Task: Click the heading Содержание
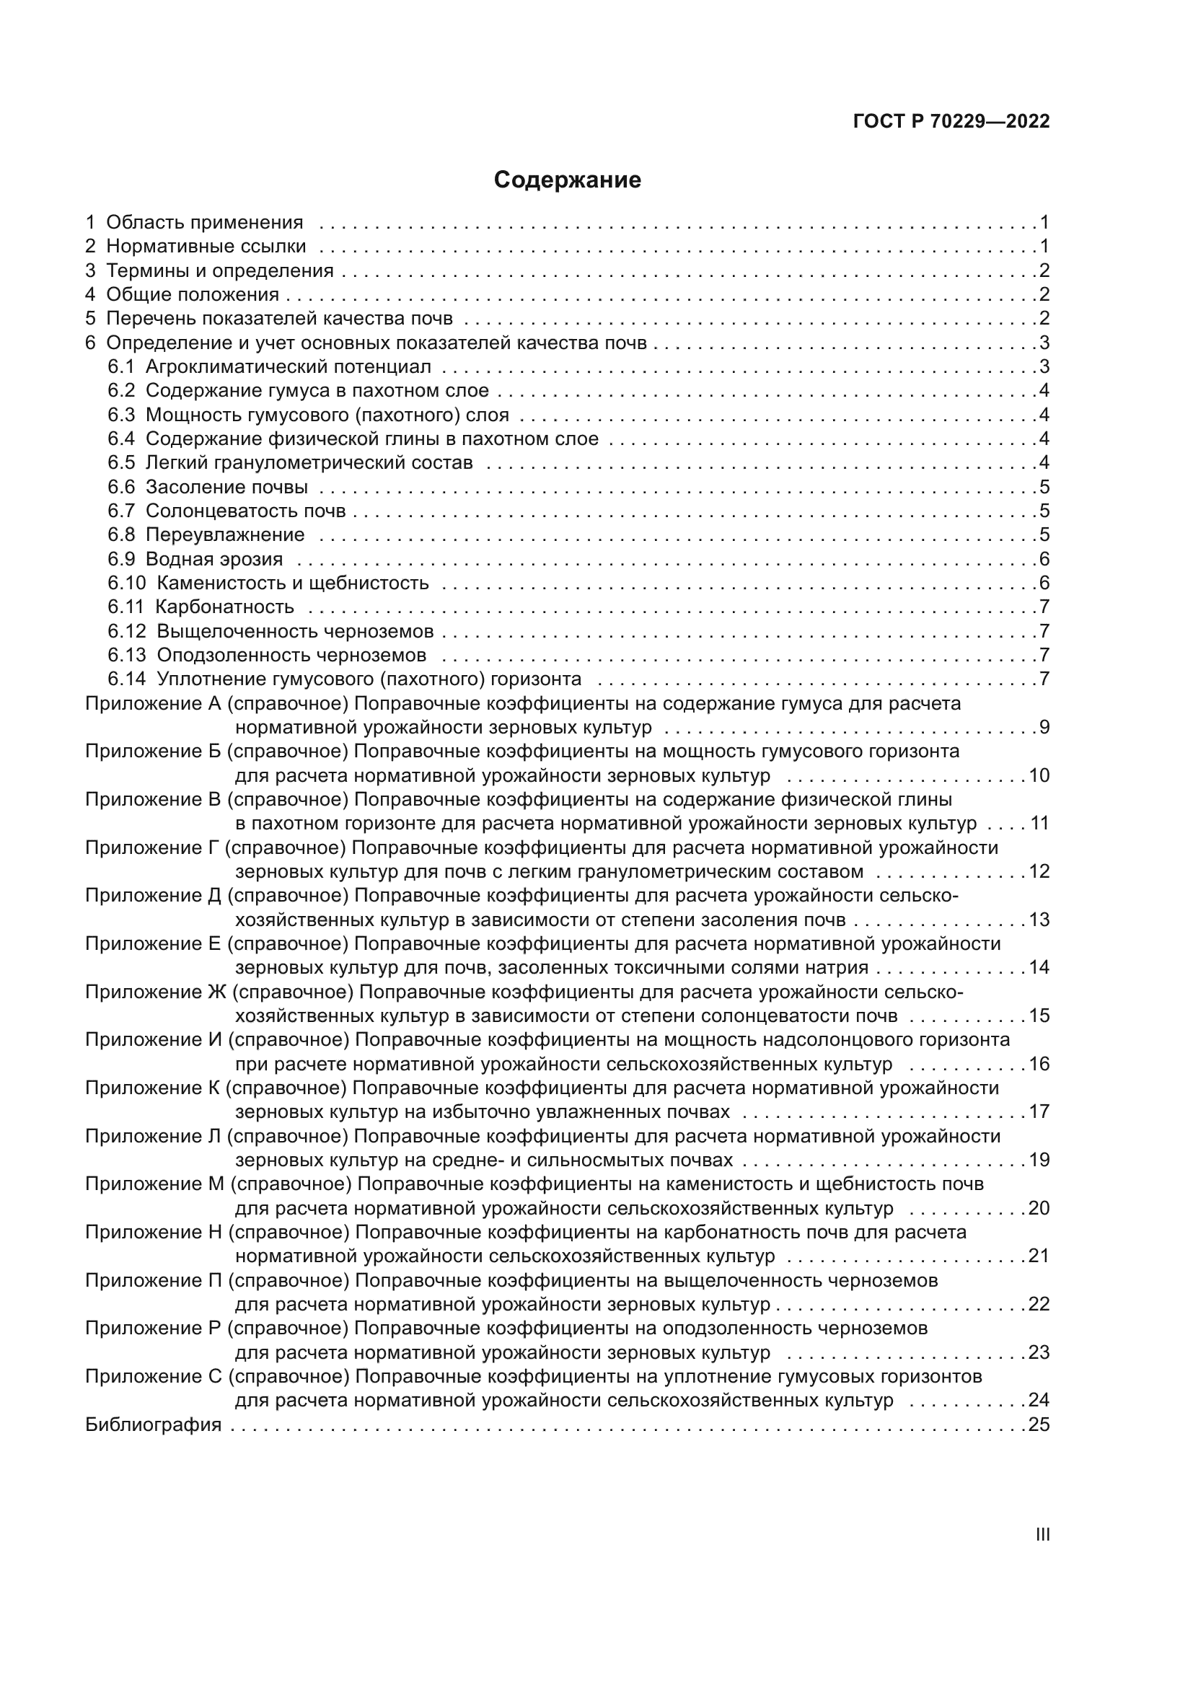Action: coord(567,180)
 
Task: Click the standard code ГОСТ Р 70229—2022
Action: coord(951,122)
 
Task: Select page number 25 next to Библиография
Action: coord(1039,1424)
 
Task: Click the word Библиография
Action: coord(154,1424)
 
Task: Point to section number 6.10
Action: coord(127,583)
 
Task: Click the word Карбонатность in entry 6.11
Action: coord(225,607)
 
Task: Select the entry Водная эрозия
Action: coord(213,559)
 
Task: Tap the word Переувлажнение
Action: coord(225,535)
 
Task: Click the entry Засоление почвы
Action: coord(226,487)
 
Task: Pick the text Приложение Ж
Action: coord(157,992)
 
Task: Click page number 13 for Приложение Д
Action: coord(1039,920)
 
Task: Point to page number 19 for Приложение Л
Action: coord(1039,1160)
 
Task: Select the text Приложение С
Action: coord(154,1376)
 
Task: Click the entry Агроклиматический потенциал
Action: coord(288,366)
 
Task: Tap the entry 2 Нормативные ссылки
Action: coord(195,246)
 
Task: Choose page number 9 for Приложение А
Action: coord(1044,728)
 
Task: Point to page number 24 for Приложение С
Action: coord(1039,1401)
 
